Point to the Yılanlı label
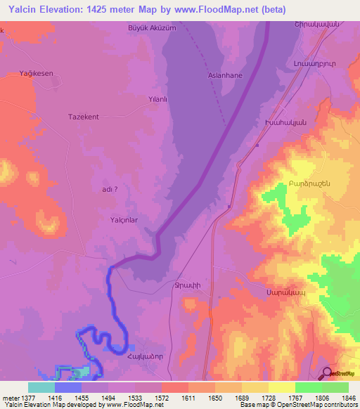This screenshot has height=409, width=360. click(157, 100)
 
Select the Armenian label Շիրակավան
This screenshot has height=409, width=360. click(310, 25)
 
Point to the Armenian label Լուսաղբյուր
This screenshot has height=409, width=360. click(310, 63)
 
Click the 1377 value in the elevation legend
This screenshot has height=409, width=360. click(23, 398)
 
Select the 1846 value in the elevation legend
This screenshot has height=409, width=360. click(347, 398)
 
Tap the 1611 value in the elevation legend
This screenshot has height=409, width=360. click(188, 398)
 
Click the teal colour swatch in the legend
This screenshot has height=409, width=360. click(41, 387)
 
